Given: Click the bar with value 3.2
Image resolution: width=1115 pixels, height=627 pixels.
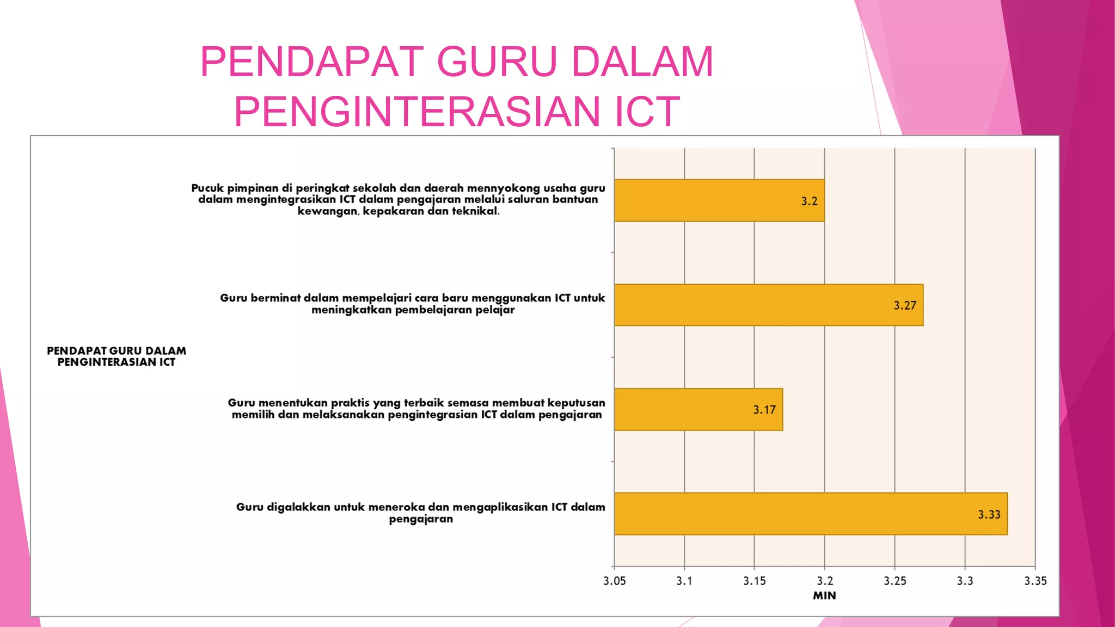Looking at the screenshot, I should pos(719,200).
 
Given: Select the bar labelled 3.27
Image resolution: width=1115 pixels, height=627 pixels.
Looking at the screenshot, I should pos(768,305).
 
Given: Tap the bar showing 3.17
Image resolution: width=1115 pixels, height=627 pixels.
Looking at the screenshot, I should pos(698,409).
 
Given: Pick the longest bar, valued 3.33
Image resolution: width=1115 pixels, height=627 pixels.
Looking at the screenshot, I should pos(810,514).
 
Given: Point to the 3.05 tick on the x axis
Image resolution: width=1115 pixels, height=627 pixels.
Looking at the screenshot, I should pos(614,581).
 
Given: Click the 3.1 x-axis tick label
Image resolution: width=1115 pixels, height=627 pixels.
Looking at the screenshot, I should pos(684,581).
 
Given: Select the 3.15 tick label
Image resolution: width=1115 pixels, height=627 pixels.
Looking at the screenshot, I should pos(755,581).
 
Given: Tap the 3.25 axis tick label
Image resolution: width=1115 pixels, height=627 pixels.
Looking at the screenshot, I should pos(895,581).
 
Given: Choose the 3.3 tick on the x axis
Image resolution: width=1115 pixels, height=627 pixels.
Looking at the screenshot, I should pos(965,581).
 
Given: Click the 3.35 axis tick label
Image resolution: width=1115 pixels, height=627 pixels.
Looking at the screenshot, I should pos(1035,581).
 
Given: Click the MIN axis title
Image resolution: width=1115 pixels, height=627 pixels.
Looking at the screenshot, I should pos(824,595).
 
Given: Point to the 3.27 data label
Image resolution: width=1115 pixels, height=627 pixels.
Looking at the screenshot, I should pos(905,306).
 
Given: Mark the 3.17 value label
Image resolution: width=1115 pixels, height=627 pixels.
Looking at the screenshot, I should pos(764,410).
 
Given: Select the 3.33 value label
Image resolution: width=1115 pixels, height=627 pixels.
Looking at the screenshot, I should pos(989,515).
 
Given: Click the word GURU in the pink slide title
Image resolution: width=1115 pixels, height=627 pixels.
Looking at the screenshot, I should pos(497,62).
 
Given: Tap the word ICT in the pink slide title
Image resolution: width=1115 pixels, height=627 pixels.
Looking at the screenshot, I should pos(647,112).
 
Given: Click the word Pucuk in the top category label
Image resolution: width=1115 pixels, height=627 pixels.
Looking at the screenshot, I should pos(207,188).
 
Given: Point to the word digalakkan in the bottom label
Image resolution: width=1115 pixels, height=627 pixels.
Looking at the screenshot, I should pos(298,507).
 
